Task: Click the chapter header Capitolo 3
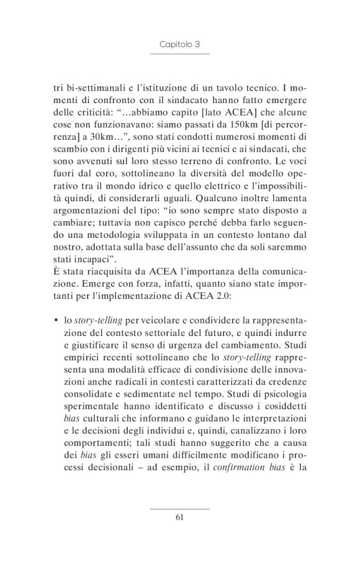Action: tap(179, 44)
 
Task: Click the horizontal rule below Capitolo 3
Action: tap(179, 54)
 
